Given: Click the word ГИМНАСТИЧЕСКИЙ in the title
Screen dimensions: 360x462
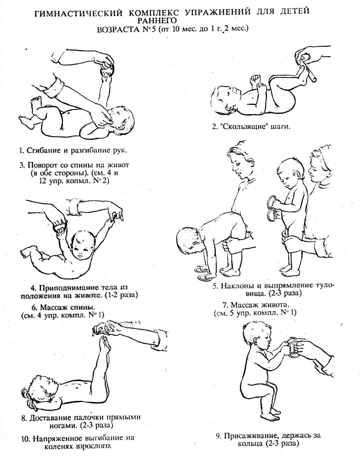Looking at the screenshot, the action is point(78,13).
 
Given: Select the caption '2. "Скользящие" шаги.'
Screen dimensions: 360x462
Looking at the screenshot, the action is point(251,127).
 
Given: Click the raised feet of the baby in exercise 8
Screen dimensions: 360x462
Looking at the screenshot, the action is point(104,344).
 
